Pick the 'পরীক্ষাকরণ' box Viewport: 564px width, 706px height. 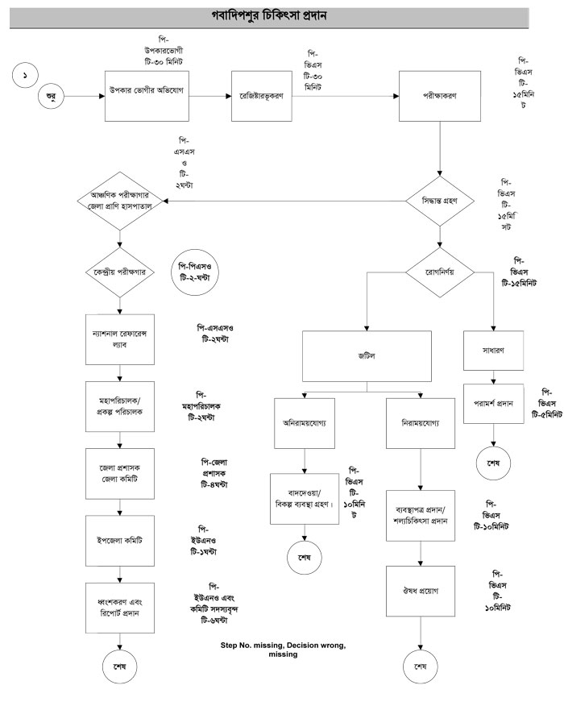click(440, 95)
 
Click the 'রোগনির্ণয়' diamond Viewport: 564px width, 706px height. click(440, 272)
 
